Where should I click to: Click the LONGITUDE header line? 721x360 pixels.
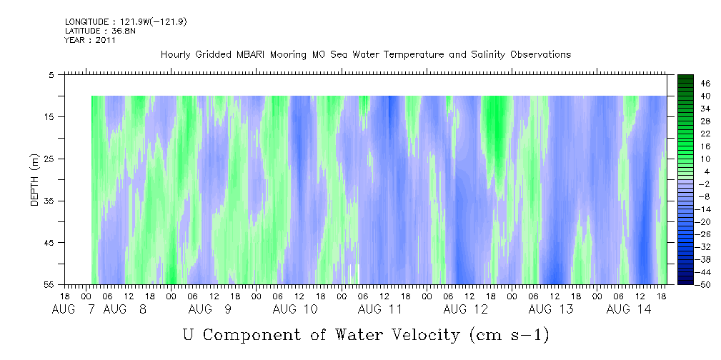(126, 21)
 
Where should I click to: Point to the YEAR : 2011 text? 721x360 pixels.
(90, 40)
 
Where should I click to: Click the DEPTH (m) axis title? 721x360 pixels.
(35, 180)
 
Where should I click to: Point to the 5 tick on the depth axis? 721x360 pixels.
(51, 75)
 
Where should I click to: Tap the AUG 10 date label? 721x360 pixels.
(294, 309)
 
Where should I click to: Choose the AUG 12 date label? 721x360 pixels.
(465, 309)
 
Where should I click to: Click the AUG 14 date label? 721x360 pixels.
(629, 309)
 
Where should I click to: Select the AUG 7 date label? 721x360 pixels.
(73, 309)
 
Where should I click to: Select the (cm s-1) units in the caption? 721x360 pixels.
(509, 335)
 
